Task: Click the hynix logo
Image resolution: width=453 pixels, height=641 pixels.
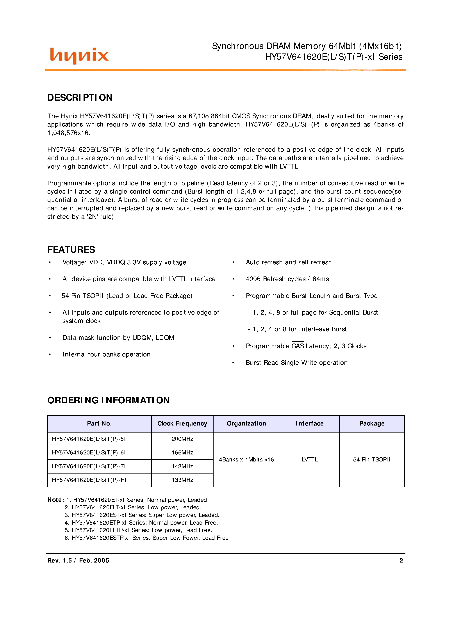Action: coord(79,55)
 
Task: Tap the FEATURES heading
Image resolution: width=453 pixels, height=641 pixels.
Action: coord(71,250)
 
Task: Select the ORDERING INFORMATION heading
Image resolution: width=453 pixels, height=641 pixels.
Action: coord(108,400)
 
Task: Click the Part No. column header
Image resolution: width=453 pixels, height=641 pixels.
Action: coord(99,424)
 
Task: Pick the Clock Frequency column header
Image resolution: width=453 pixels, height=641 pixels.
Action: coord(182,424)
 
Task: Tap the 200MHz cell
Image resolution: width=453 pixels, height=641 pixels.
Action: coord(182,439)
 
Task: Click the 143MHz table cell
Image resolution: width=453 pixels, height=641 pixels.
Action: coord(182,466)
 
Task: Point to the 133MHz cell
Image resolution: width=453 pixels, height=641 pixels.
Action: coord(182,480)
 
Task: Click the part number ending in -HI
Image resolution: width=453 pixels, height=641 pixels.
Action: coord(89,480)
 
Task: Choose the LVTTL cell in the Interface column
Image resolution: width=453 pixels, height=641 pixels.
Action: coord(309,459)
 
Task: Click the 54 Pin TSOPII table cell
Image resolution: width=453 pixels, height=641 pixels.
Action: coord(371,459)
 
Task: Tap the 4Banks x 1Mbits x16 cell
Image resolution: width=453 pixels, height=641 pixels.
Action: coord(246,459)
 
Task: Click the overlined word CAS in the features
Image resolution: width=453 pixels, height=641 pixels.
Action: coord(298,346)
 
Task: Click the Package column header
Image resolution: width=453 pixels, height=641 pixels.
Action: coord(372,424)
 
